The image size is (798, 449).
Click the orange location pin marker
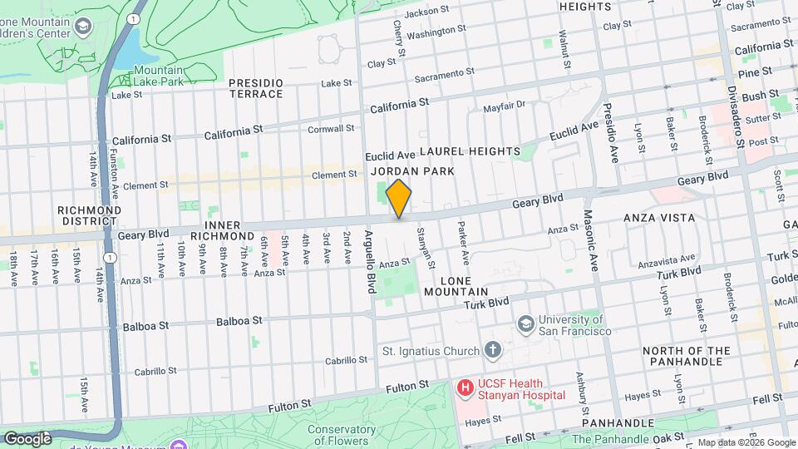point(399,199)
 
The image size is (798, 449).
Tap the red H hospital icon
point(465,387)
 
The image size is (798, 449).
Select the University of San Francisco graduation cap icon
point(525,323)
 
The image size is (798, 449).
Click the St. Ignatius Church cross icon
point(493,348)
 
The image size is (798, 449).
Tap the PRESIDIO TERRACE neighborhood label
point(256,88)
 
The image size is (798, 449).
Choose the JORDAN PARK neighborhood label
point(412,171)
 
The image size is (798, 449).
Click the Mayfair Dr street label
point(505,106)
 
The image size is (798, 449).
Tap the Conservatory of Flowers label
point(337,435)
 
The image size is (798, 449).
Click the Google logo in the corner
point(27,438)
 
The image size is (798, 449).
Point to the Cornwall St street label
point(332,129)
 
